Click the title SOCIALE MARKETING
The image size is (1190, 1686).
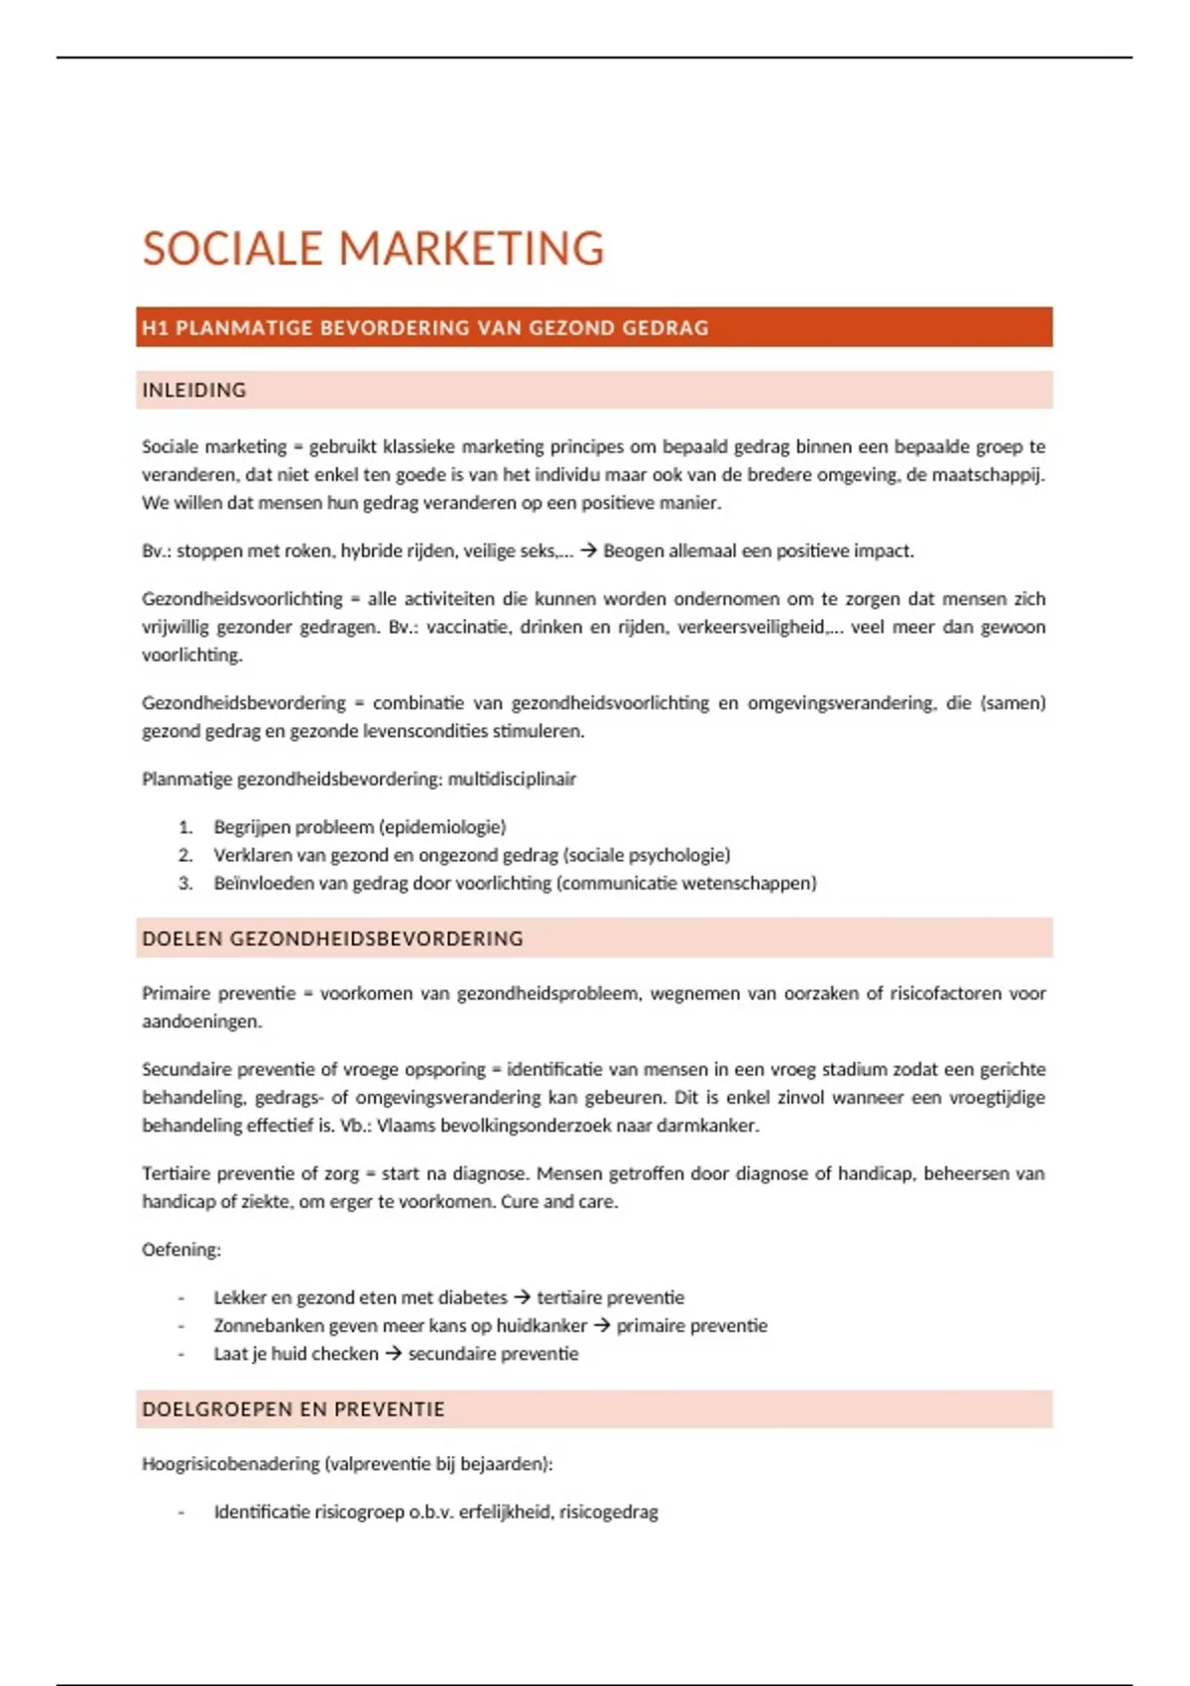pos(373,248)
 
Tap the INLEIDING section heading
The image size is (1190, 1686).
pos(194,390)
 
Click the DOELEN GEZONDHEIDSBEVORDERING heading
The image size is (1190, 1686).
pos(332,938)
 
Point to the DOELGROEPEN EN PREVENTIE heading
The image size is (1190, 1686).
pos(294,1409)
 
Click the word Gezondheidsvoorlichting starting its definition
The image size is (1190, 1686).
pos(242,599)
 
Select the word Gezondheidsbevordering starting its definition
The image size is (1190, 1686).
pos(244,703)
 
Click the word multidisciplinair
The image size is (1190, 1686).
pos(512,779)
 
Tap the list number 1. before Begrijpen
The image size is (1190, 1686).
pos(185,827)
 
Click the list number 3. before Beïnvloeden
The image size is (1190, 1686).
pos(185,883)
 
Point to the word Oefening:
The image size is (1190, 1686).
pos(181,1250)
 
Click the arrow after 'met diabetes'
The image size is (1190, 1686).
pos(523,1297)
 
